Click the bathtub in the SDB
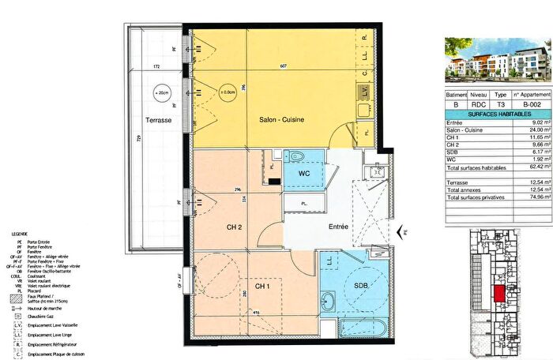360,329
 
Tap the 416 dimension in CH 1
255,313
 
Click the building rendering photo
495,60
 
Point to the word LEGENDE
21,236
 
